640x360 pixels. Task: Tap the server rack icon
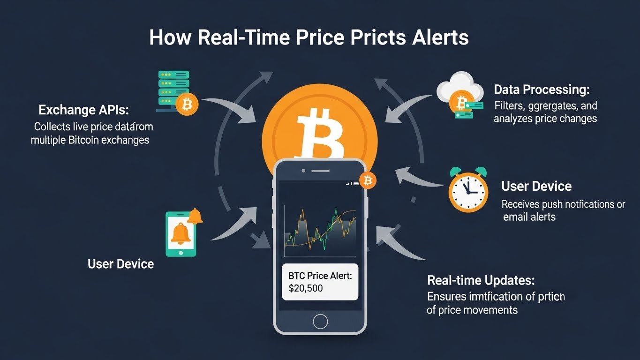tap(173, 90)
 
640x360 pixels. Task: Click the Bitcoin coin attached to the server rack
tap(188, 105)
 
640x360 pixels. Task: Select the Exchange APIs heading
tap(83, 111)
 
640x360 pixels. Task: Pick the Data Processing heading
tap(542, 89)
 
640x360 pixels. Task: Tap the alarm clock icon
tap(468, 189)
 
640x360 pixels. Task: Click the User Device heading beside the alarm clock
tap(536, 187)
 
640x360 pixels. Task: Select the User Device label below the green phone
tap(120, 264)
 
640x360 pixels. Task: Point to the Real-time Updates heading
tap(481, 281)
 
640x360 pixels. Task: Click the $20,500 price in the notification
tap(306, 288)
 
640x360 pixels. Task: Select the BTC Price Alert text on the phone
tap(320, 276)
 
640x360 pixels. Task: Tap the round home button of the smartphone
tap(320, 321)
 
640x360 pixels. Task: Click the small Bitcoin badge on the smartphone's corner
tap(367, 180)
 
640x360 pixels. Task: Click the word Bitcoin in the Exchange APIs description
tap(88, 140)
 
